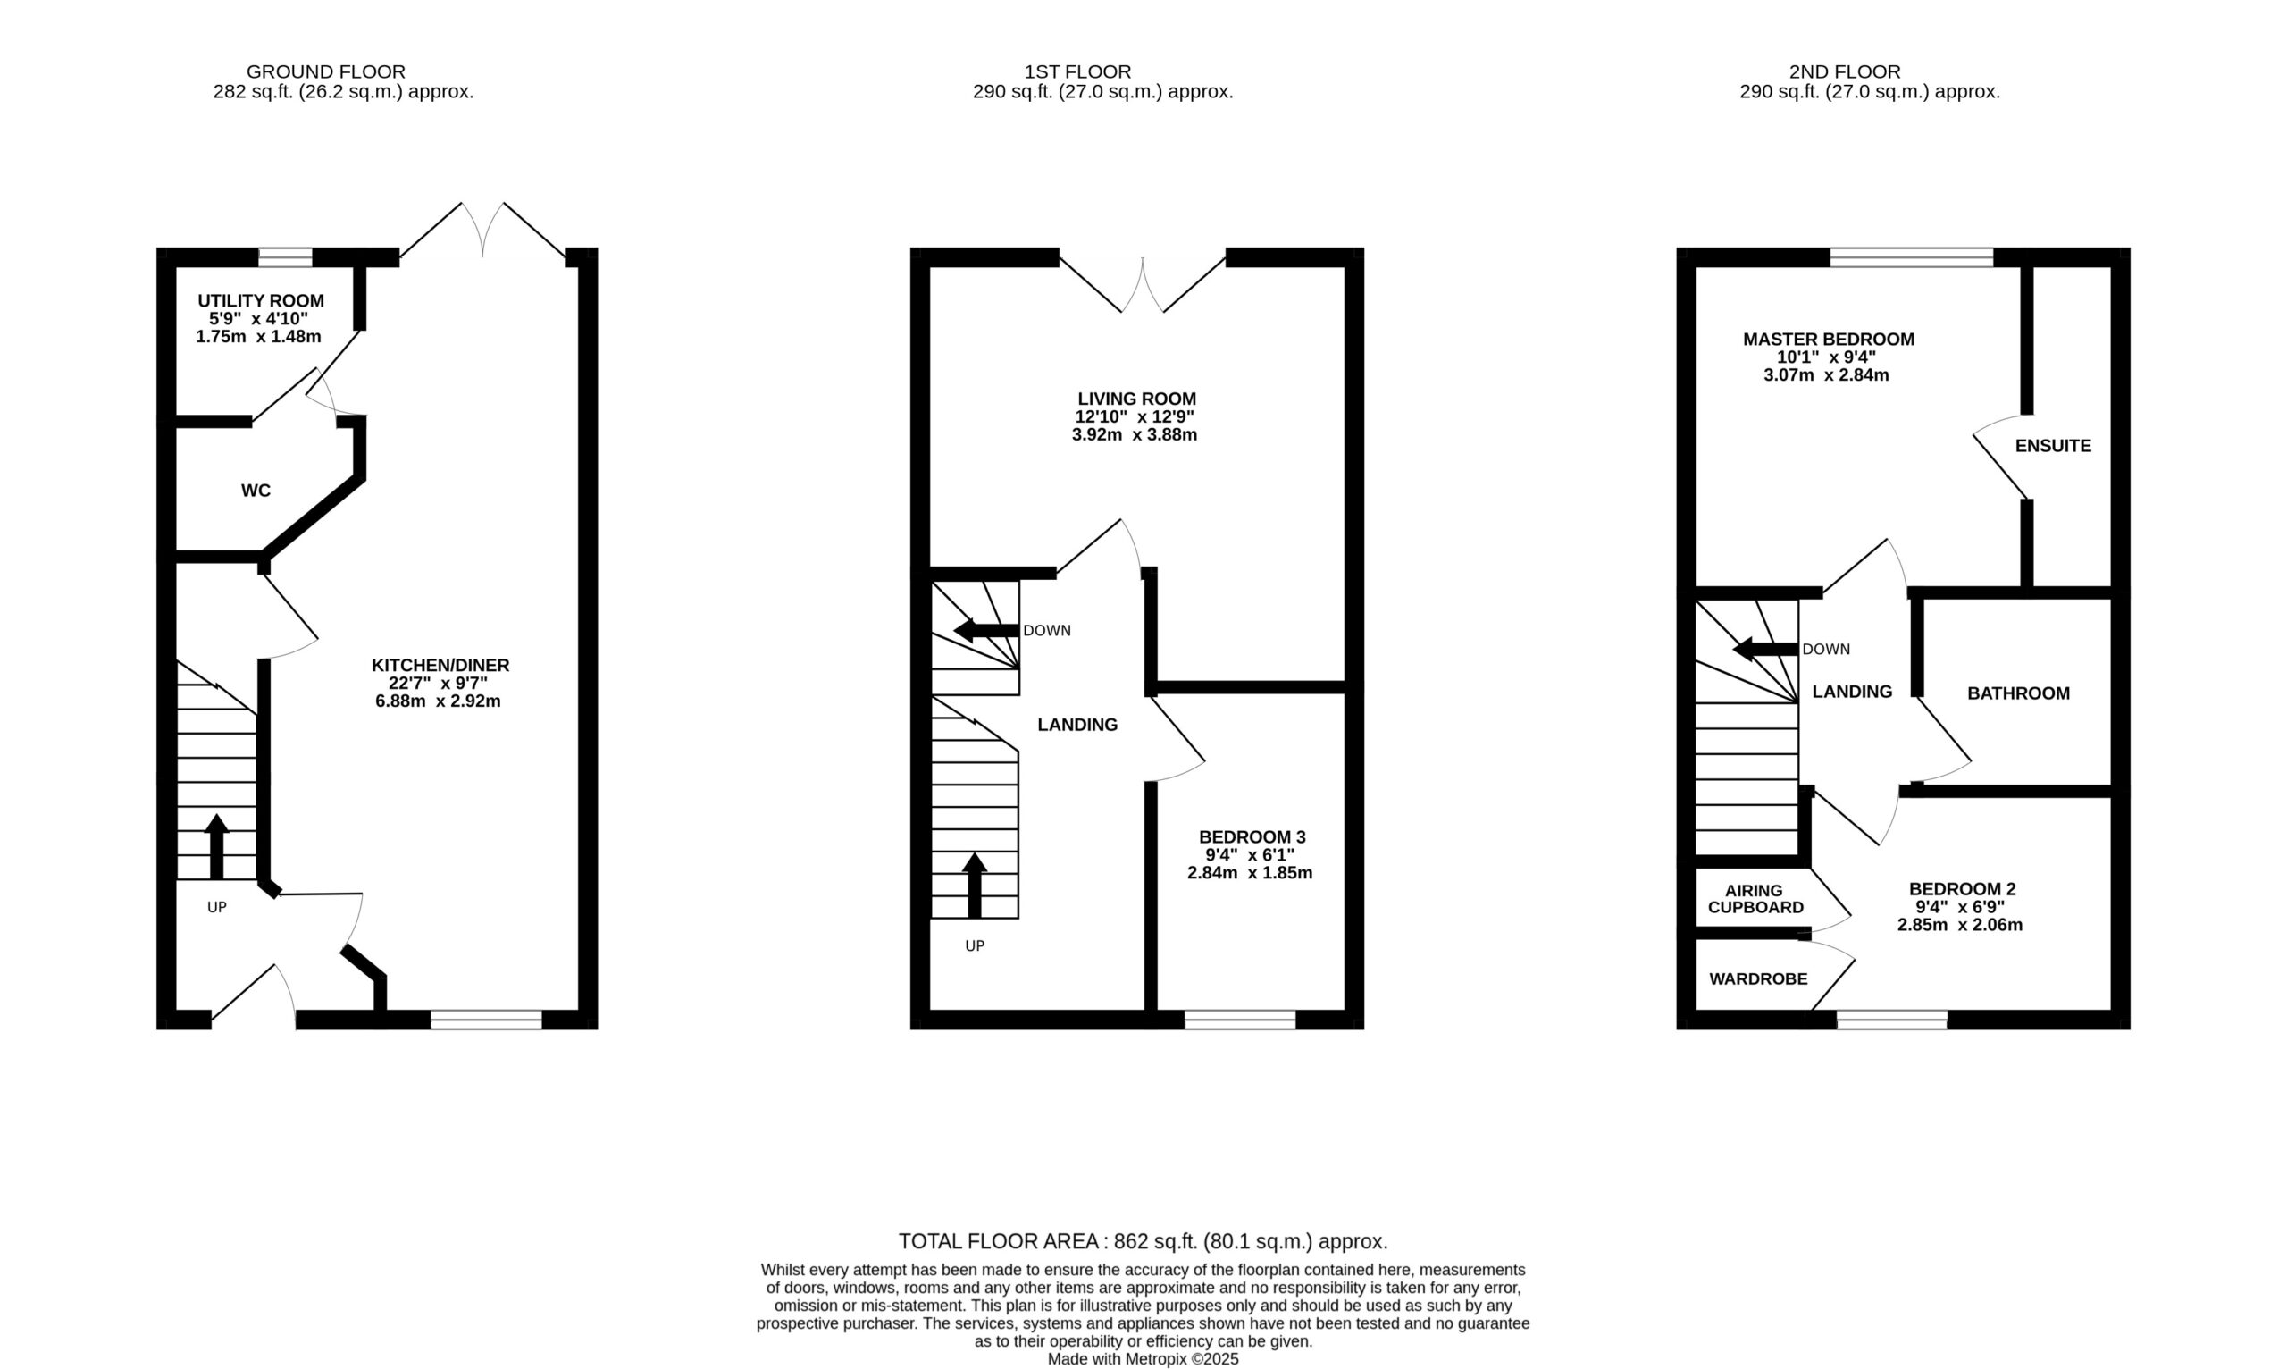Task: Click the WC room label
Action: point(256,491)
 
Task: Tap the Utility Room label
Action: point(261,301)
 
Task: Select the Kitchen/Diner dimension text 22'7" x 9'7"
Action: point(438,683)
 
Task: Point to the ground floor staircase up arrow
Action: point(217,846)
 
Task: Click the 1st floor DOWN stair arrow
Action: point(985,631)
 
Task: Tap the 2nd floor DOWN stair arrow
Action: point(1765,650)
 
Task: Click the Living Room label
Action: point(1137,399)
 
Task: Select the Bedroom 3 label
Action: point(1252,836)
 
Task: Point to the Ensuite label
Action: point(2053,446)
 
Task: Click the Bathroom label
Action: point(2019,693)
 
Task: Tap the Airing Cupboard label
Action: point(1755,899)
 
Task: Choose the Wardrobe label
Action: point(1759,978)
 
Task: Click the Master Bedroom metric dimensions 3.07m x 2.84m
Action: point(1827,374)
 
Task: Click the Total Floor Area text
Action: point(1143,1241)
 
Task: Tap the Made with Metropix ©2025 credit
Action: point(1143,1359)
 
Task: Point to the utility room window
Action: point(285,257)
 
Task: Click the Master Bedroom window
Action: point(1912,257)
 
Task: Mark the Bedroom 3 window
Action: point(1240,1020)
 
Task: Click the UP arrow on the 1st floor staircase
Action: point(975,885)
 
